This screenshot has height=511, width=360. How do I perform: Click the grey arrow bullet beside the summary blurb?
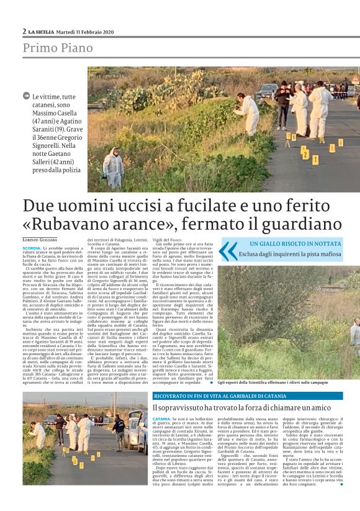pos(27,96)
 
